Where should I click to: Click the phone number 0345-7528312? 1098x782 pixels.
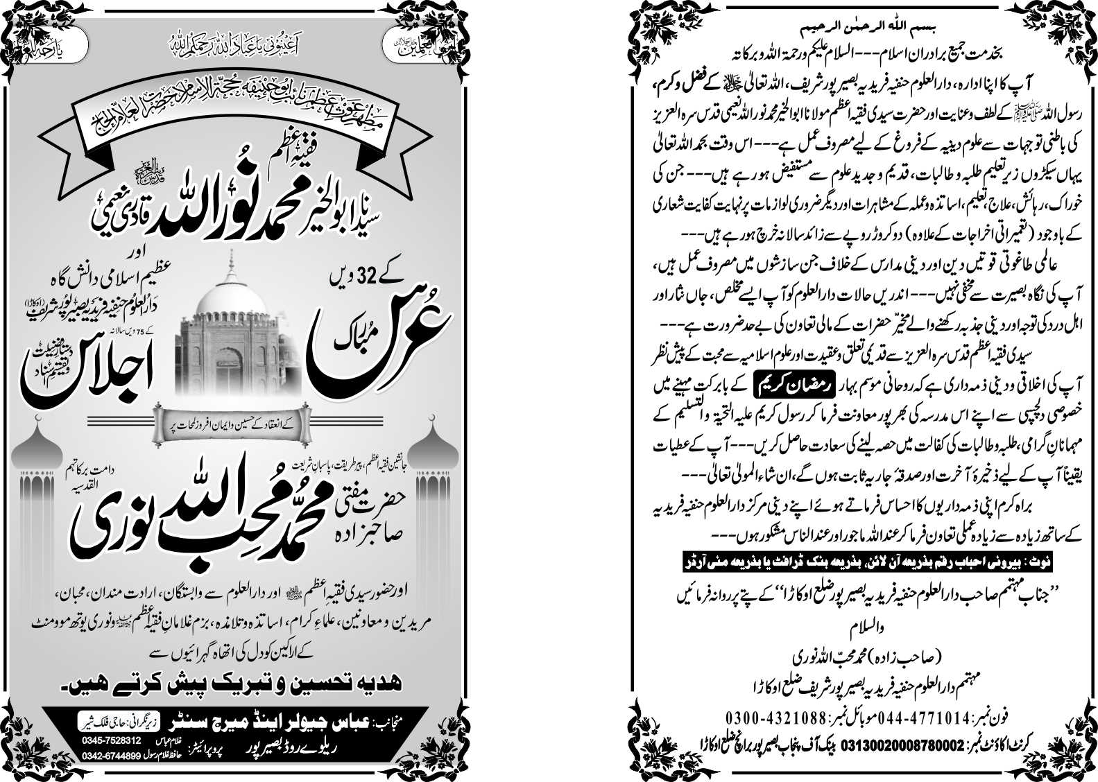point(105,740)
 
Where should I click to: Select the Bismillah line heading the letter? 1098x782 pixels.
point(857,30)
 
